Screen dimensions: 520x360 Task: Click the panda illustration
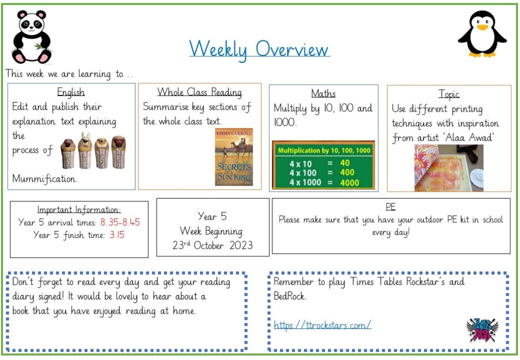point(31,37)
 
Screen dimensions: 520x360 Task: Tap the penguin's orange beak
point(482,26)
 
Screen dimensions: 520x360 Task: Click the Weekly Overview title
point(259,50)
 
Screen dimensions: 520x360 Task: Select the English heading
point(71,92)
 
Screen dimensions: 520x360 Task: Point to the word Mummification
point(45,179)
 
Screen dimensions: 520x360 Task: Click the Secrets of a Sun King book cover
point(234,157)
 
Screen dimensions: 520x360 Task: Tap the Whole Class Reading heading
point(199,92)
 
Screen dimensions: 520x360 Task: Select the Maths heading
point(323,93)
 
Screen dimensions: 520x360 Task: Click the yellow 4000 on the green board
point(349,183)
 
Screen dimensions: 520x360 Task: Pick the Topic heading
point(449,94)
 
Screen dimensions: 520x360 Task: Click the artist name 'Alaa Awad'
point(469,137)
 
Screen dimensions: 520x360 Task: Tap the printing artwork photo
point(449,168)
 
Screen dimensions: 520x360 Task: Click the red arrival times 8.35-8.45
point(120,222)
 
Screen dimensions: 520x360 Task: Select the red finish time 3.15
point(117,235)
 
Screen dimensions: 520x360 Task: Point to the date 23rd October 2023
point(213,245)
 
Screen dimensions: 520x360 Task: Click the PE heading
point(391,207)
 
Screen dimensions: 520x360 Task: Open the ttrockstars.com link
point(322,325)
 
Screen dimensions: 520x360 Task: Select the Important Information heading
point(79,210)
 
